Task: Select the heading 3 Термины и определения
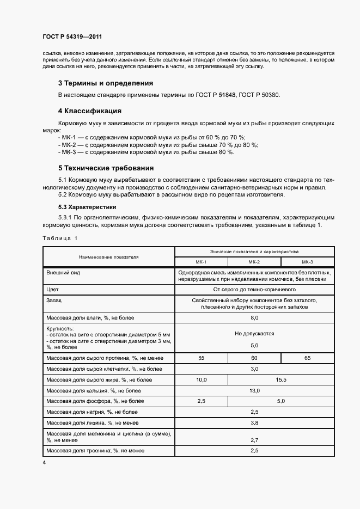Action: pos(105,83)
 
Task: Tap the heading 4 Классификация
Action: pos(89,111)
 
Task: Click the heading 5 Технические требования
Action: pos(106,168)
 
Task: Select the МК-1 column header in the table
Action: pos(201,261)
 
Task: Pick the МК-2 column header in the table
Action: pos(254,261)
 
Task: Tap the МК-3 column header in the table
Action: pos(307,261)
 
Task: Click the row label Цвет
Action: pos(52,290)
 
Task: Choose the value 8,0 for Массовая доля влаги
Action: pos(254,317)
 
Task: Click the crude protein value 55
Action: pos(201,358)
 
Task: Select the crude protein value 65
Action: pos(307,358)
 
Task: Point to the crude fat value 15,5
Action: pos(281,379)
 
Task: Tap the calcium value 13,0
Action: pos(254,390)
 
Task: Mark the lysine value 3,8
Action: pos(254,423)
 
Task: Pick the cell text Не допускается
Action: pos(254,333)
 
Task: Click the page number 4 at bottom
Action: pos(44,462)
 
